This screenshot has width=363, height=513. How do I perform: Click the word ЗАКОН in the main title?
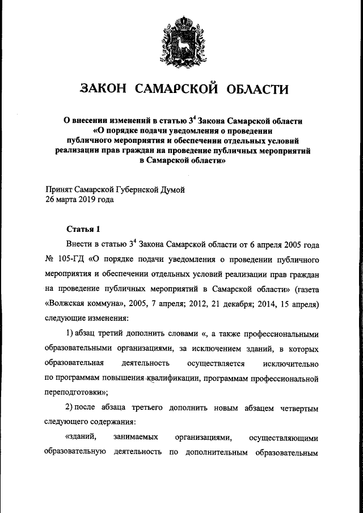[x=105, y=89]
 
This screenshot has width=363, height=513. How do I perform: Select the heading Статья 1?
[x=83, y=229]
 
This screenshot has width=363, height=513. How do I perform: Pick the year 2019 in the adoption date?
[x=84, y=200]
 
